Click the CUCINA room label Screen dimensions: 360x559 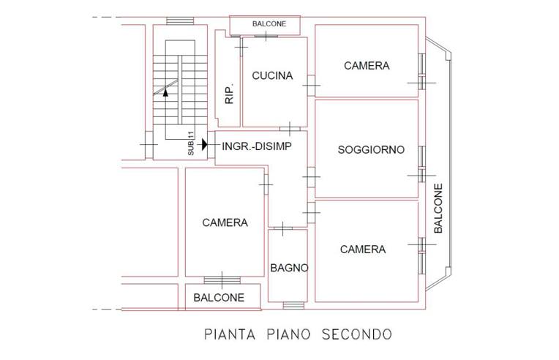tap(272, 75)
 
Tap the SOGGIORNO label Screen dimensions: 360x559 tap(371, 150)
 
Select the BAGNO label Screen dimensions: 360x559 tap(288, 268)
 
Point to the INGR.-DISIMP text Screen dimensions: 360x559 tap(256, 146)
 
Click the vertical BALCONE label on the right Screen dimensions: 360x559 tap(438, 209)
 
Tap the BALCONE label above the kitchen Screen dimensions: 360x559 tap(269, 24)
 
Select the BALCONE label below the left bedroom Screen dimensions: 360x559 tap(219, 298)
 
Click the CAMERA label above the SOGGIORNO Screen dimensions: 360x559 tap(367, 66)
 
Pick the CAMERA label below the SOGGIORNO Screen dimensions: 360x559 tap(363, 250)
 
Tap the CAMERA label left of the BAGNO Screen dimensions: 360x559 tap(225, 222)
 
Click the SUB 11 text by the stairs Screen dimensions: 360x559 tap(191, 143)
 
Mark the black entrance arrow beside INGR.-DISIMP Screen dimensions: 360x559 tap(205, 146)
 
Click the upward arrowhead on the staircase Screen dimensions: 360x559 tap(166, 92)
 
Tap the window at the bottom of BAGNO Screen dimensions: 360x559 tap(293, 305)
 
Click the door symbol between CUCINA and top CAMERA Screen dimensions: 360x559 tap(312, 86)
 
